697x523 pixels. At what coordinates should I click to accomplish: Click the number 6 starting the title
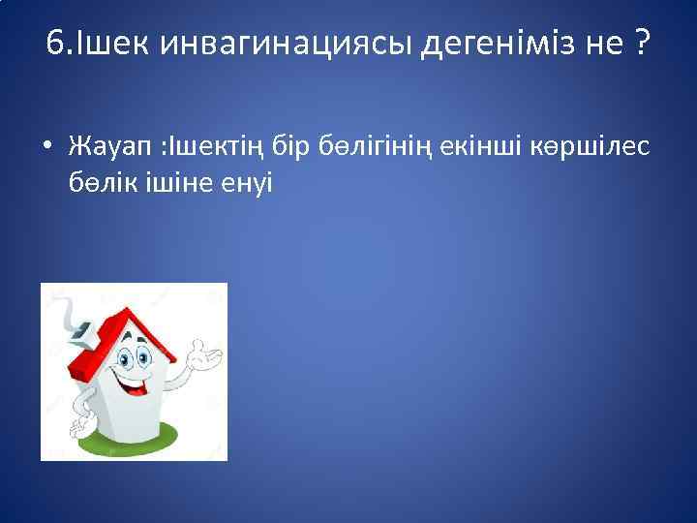tap(54, 44)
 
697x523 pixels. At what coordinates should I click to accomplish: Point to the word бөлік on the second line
tap(102, 181)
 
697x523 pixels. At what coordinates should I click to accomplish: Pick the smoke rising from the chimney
tap(70, 309)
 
